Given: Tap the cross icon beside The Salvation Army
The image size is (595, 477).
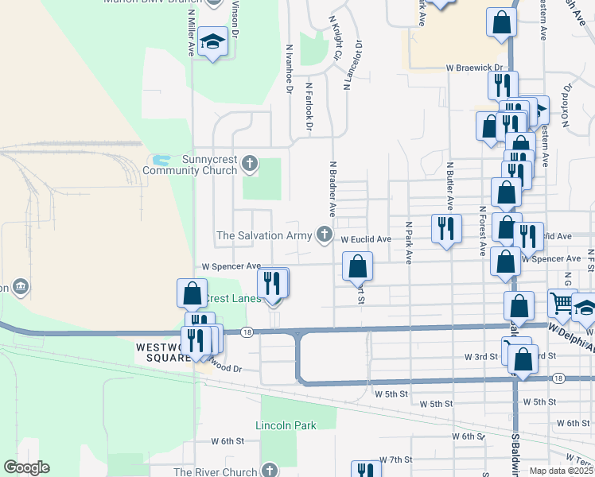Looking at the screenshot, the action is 324,234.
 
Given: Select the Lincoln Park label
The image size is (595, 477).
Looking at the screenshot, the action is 286,425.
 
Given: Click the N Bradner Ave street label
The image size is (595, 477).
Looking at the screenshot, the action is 332,187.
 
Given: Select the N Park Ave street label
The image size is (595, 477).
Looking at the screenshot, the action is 408,243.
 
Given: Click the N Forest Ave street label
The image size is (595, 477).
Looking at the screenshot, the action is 482,231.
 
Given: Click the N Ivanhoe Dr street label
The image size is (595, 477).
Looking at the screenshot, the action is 288,68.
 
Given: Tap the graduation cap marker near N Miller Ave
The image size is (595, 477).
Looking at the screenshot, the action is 213,41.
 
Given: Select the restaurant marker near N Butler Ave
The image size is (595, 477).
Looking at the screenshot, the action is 446,228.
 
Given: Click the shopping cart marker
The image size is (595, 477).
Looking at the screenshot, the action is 561,303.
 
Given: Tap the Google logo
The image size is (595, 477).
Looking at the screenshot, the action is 26,467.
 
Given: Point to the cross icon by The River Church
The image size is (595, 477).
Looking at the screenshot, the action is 270,471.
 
